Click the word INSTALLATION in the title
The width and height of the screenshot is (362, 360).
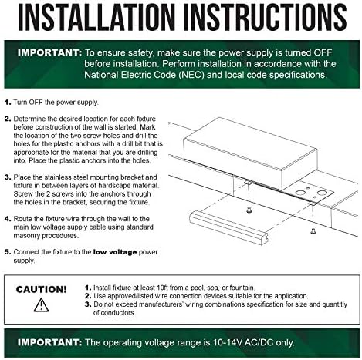coord(96,18)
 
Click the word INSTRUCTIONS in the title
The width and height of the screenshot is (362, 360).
coord(266,18)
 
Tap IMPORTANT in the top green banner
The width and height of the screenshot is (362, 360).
coord(49,52)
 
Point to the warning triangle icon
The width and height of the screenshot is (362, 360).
coord(41,305)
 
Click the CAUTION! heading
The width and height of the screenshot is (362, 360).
coord(41,290)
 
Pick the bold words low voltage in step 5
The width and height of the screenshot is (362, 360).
coord(115,252)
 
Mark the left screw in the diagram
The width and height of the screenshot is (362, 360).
coord(249,210)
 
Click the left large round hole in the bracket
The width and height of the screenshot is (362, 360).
coord(299,192)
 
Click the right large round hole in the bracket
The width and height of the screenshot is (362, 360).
coord(321,193)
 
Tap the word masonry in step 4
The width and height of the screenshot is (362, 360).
coord(27,236)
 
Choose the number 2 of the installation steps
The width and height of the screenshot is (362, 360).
coord(8,119)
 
